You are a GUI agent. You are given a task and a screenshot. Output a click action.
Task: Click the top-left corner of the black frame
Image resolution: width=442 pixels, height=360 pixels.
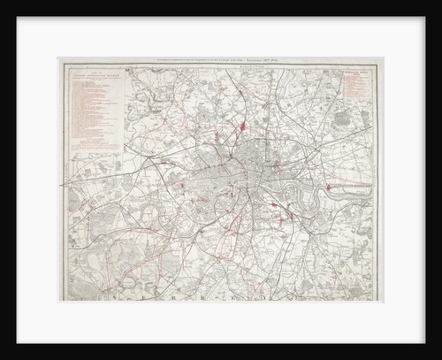(3, 3)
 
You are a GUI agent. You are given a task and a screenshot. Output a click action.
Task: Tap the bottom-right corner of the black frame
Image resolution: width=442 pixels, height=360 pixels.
(438, 356)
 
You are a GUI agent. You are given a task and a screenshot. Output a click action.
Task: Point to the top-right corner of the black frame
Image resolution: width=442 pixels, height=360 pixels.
(438, 3)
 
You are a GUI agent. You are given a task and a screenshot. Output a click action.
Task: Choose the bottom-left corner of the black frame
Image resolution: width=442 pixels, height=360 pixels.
(3, 356)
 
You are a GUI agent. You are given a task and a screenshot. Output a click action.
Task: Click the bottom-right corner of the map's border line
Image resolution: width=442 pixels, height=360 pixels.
(382, 302)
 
